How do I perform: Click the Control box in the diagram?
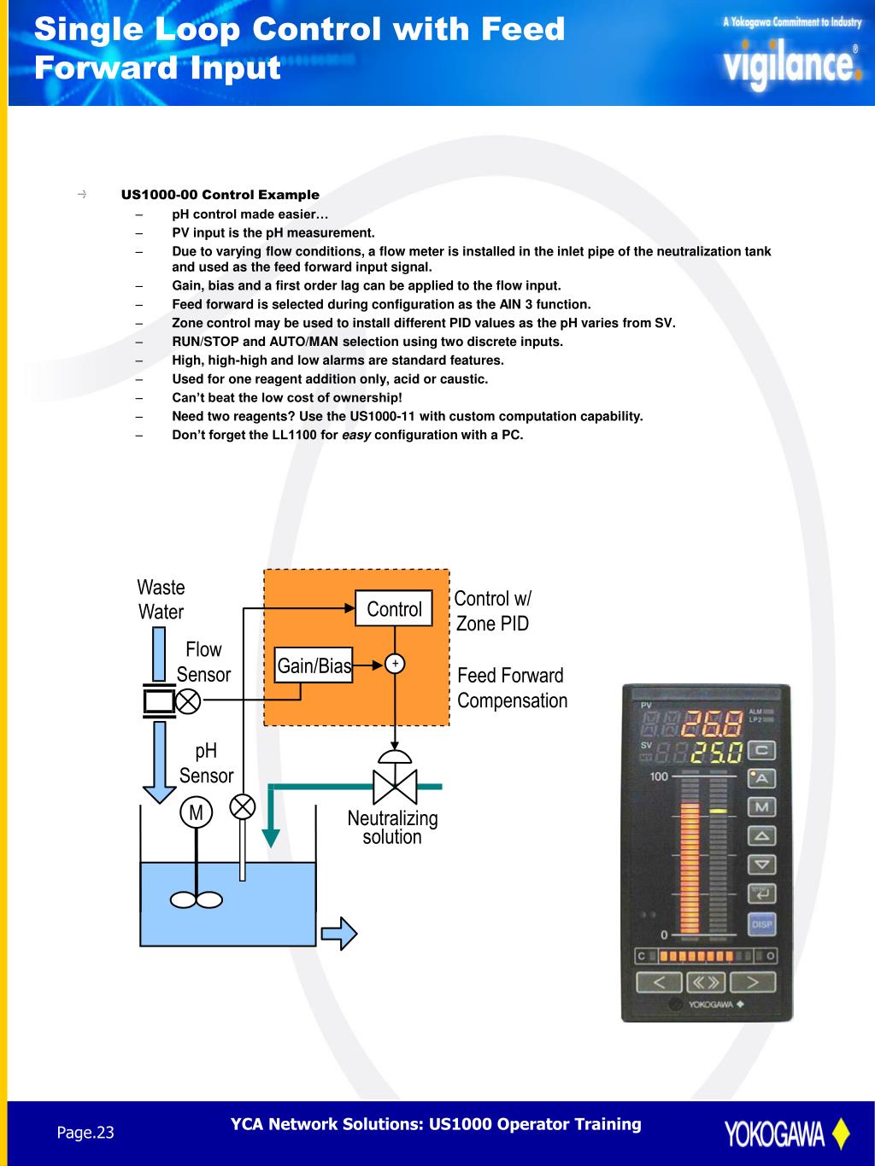point(393,608)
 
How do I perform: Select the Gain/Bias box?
point(314,665)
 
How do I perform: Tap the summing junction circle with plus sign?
point(394,664)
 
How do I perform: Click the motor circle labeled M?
point(196,812)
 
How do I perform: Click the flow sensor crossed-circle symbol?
point(188,701)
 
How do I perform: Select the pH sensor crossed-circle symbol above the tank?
point(244,806)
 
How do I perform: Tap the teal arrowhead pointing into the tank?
point(271,836)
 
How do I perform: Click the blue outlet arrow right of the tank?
point(342,932)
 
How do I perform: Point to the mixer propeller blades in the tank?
point(197,899)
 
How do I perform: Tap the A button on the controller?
point(761,778)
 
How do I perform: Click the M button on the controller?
point(761,807)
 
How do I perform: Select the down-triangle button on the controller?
point(761,864)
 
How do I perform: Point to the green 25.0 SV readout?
point(717,753)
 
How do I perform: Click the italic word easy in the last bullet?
point(356,435)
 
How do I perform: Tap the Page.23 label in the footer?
point(85,1133)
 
